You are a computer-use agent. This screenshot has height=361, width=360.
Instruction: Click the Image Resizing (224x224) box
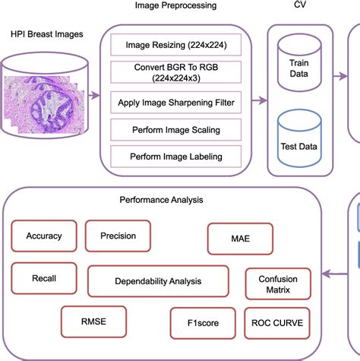pyautogui.click(x=180, y=44)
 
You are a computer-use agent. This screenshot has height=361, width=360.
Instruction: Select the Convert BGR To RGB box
pyautogui.click(x=180, y=72)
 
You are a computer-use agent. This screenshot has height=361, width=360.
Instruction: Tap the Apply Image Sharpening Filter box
pyautogui.click(x=180, y=102)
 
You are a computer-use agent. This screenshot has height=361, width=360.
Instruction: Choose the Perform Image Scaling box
pyautogui.click(x=180, y=130)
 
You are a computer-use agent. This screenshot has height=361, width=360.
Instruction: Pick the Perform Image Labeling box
pyautogui.click(x=180, y=157)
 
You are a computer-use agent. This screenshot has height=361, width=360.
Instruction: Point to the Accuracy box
pyautogui.click(x=44, y=236)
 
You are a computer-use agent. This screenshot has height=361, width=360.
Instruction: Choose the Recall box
pyautogui.click(x=44, y=278)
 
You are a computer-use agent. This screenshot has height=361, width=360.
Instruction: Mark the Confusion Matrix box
pyautogui.click(x=277, y=284)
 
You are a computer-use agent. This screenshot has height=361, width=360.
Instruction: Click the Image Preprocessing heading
pyautogui.click(x=175, y=6)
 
